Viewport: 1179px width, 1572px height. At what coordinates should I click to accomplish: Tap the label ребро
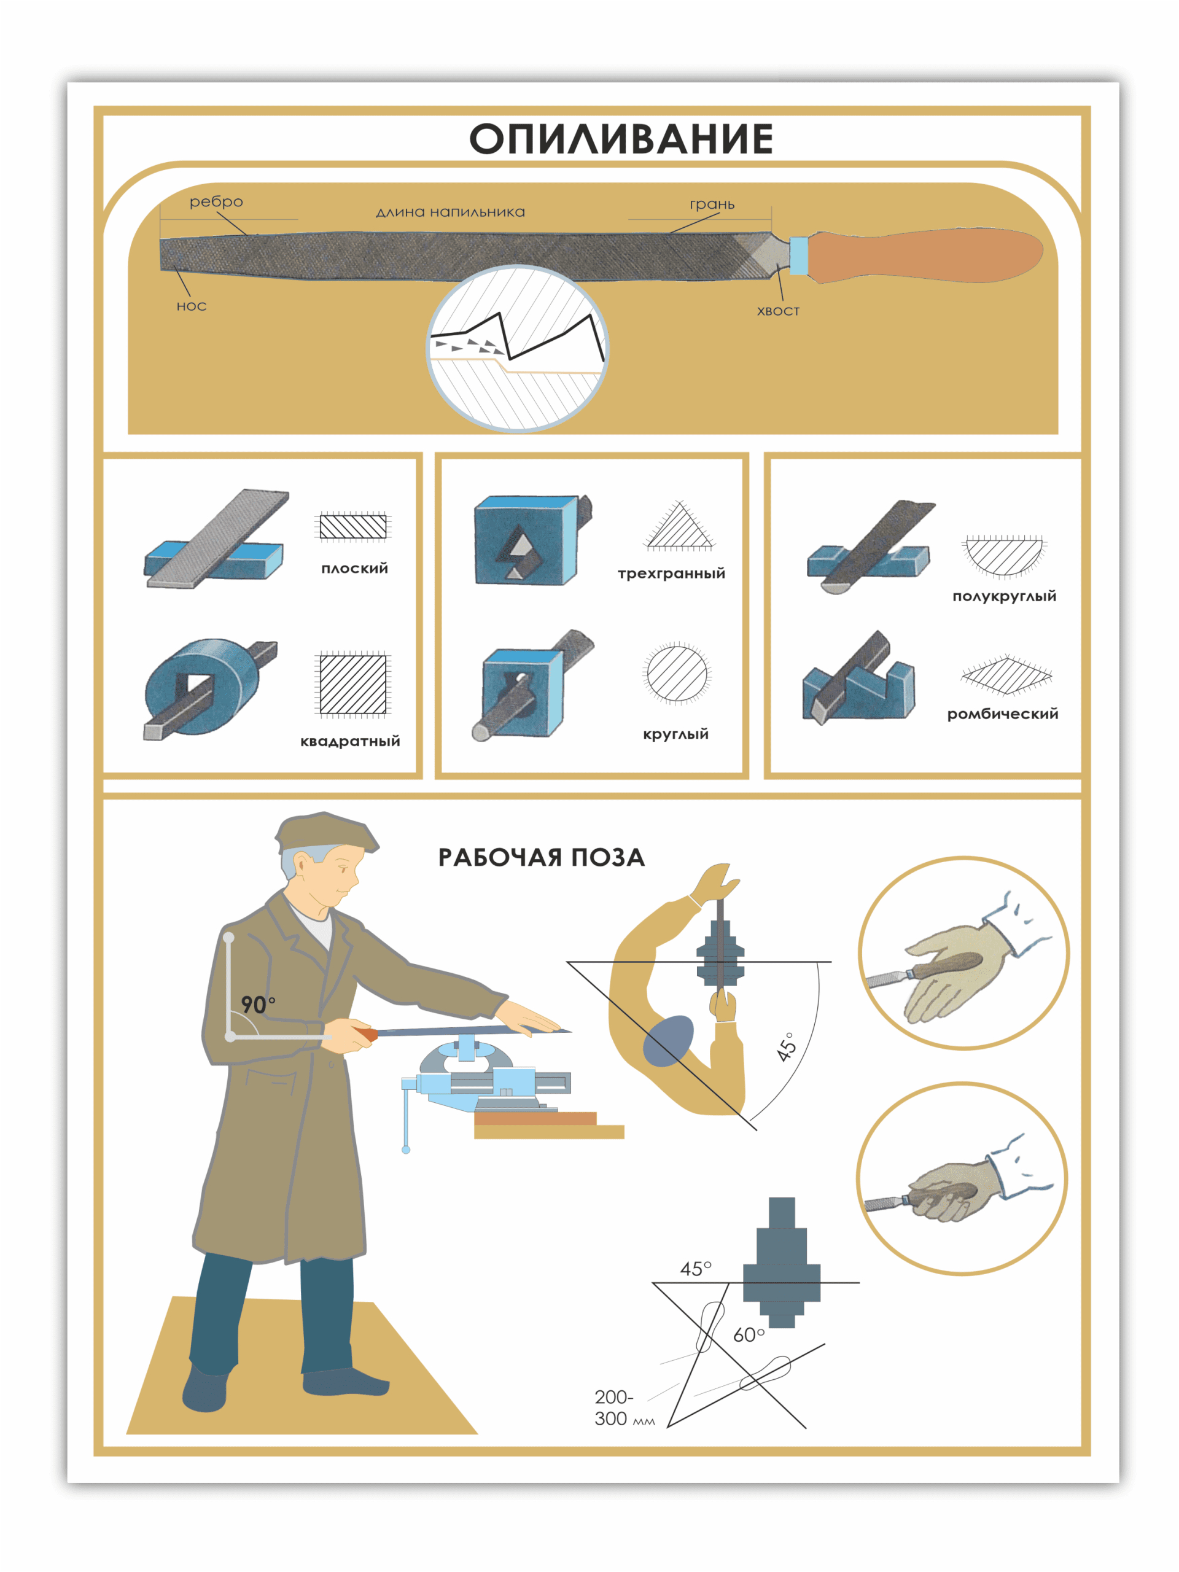click(x=216, y=202)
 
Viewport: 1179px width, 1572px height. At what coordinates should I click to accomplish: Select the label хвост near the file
click(x=778, y=311)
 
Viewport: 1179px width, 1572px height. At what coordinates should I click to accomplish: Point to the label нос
click(x=191, y=306)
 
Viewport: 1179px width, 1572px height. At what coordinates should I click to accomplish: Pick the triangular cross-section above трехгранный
click(x=679, y=526)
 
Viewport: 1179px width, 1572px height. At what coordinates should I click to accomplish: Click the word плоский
click(x=355, y=568)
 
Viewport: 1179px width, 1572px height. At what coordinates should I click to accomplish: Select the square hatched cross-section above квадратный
click(x=352, y=683)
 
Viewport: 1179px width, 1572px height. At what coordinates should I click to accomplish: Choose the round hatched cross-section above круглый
click(x=677, y=673)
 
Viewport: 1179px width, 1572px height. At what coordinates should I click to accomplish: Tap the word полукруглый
click(x=1004, y=596)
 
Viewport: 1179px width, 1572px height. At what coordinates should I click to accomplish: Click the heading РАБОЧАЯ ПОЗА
click(x=542, y=857)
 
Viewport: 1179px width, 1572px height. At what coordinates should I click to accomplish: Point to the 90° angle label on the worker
click(x=257, y=1004)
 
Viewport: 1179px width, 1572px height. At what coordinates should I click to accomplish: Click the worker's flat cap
click(x=325, y=832)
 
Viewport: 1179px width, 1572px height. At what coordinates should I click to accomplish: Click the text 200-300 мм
click(x=624, y=1408)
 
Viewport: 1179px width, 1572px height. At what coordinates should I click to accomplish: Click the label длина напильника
click(x=451, y=212)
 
